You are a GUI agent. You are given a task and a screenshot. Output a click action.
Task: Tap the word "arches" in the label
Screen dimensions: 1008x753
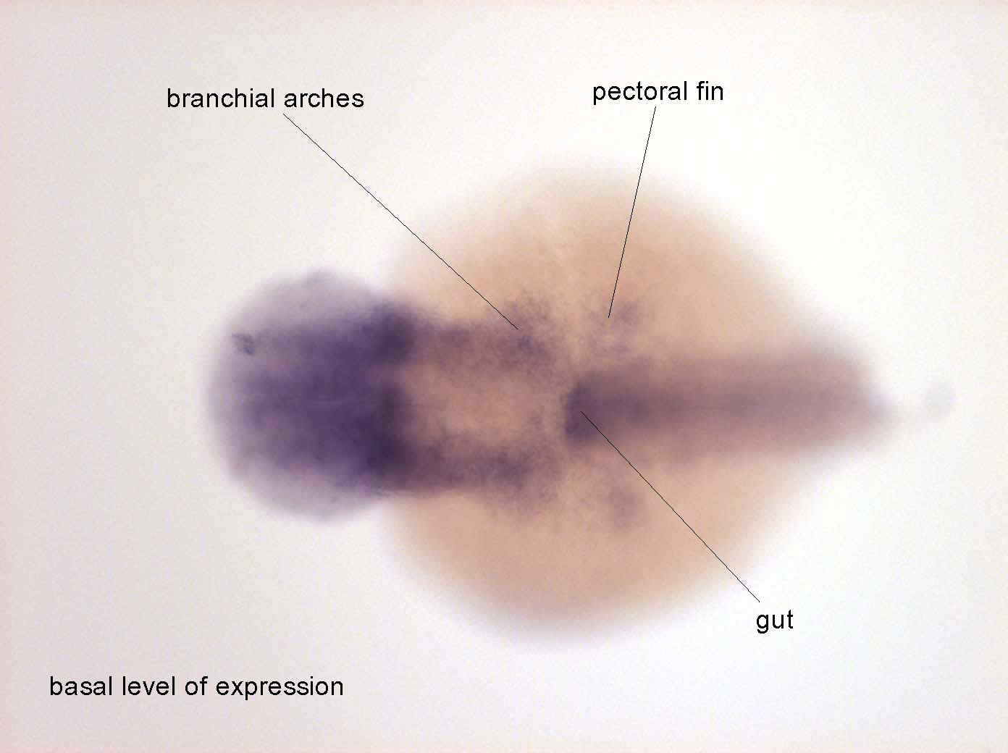pyautogui.click(x=323, y=98)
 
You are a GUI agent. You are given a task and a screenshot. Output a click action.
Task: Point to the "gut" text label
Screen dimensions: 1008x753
pyautogui.click(x=774, y=621)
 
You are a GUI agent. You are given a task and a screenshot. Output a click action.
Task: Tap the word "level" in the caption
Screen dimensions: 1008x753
pyautogui.click(x=150, y=686)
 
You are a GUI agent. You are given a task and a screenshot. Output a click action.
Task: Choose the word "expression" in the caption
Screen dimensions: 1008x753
pyautogui.click(x=280, y=688)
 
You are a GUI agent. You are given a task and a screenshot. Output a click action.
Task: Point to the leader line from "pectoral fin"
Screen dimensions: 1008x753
pyautogui.click(x=632, y=211)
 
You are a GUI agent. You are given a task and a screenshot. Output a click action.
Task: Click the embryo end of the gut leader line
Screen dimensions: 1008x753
pyautogui.click(x=581, y=411)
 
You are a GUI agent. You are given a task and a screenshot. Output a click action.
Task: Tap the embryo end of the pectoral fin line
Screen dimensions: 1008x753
pyautogui.click(x=608, y=317)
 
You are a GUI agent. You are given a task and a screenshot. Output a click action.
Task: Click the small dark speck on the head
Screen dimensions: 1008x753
pyautogui.click(x=244, y=343)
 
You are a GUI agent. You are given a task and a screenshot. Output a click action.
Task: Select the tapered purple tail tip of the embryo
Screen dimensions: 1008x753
pyautogui.click(x=863, y=404)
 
